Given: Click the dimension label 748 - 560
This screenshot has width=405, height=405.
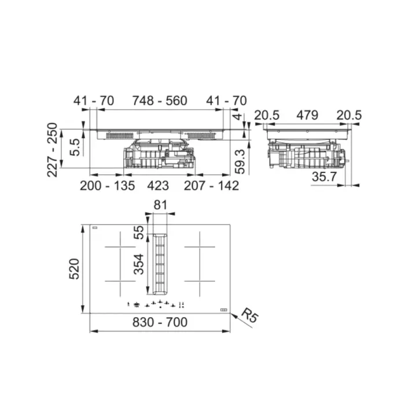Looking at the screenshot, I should (160, 101).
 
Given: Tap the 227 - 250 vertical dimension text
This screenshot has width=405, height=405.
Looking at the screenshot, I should (53, 149).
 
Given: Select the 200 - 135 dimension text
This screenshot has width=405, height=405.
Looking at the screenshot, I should (107, 185).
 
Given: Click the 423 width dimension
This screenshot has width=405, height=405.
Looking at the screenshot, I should (157, 185).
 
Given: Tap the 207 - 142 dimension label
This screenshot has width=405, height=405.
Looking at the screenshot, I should (211, 185).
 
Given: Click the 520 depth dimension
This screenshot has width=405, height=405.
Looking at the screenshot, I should (74, 269).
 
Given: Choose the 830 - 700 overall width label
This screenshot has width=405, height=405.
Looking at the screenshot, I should (160, 322).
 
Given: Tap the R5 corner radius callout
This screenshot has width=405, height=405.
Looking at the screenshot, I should (249, 316).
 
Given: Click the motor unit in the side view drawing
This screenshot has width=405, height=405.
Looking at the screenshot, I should (307, 156).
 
